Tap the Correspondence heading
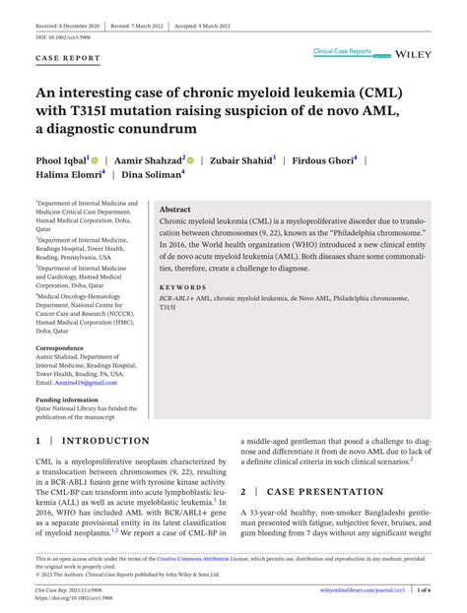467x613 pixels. pyautogui.click(x=60, y=347)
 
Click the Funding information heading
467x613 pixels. pyautogui.click(x=67, y=400)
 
